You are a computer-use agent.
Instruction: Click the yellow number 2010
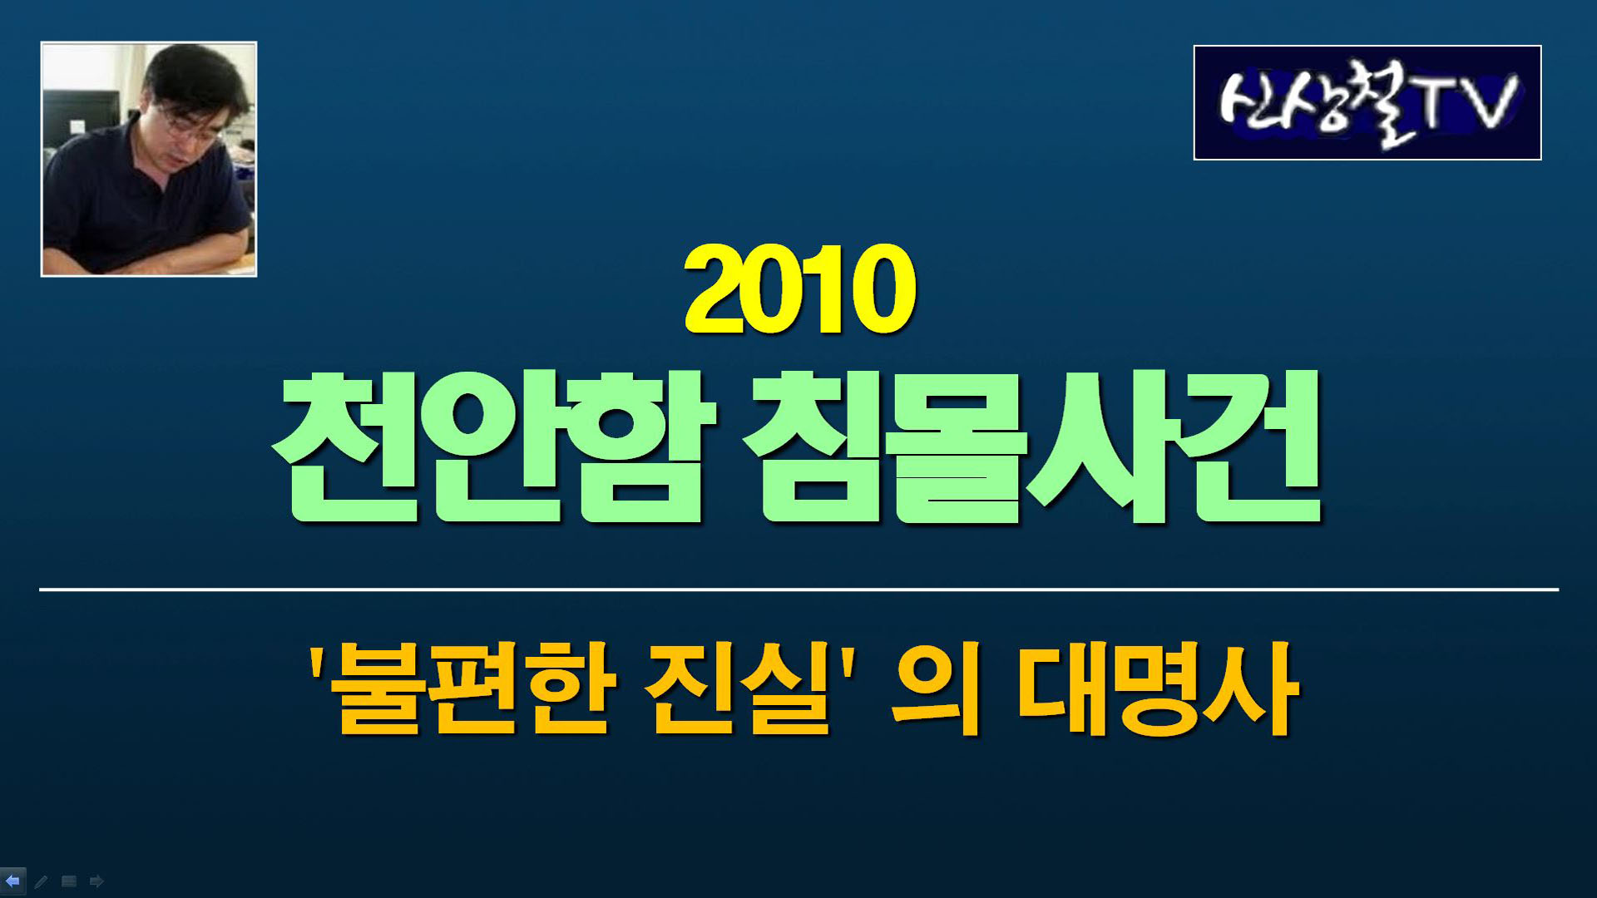click(800, 289)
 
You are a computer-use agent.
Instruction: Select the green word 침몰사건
click(1032, 447)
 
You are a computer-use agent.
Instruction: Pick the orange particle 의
click(937, 688)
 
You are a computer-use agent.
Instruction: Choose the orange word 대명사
click(1157, 688)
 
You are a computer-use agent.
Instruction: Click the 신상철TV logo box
click(1367, 102)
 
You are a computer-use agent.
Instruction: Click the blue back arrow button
click(12, 881)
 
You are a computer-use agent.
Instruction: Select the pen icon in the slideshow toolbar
click(41, 881)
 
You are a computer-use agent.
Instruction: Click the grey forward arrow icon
click(96, 881)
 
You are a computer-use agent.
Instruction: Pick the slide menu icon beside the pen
click(69, 881)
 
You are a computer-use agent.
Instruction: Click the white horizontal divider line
click(798, 590)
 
